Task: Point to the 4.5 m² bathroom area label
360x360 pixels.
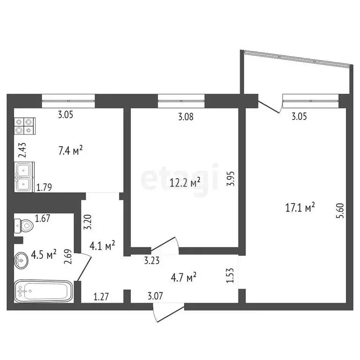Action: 44,254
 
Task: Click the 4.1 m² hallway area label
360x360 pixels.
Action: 103,245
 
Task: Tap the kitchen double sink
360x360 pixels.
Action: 23,177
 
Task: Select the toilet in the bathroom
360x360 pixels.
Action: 24,227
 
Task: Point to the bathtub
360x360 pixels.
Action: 43,291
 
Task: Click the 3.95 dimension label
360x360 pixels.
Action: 229,178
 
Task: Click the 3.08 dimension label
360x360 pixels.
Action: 186,118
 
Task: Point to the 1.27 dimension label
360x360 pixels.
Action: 101,296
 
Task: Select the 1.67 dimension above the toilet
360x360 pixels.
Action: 43,218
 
